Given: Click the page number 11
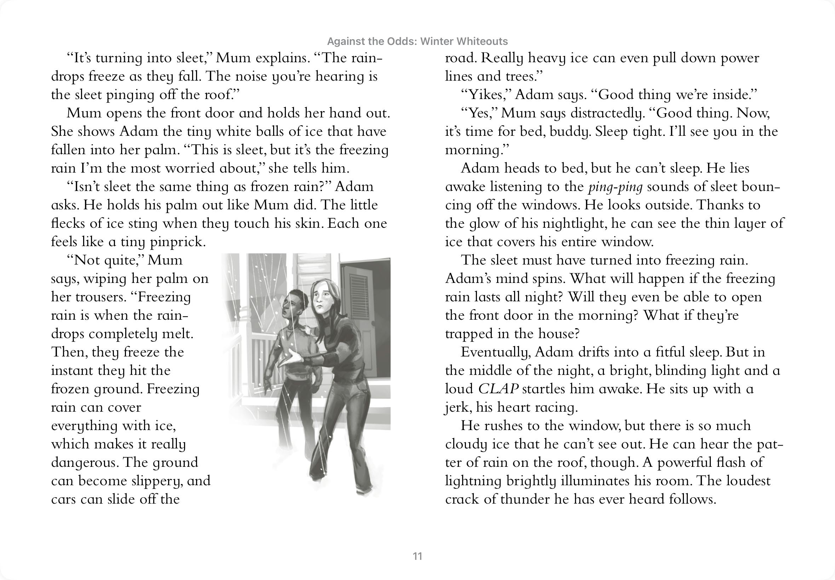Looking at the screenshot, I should point(417,556).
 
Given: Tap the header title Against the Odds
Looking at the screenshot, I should point(417,41).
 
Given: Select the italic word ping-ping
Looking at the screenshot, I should point(615,187).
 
